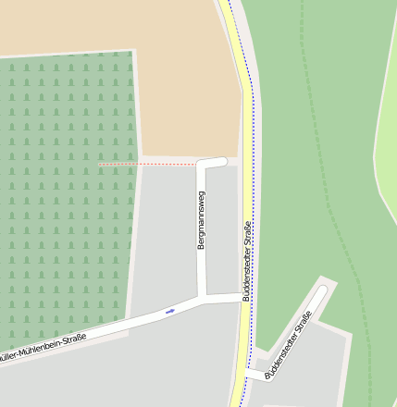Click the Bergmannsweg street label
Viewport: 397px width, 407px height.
click(202, 222)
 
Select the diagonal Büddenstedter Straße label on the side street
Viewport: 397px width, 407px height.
click(288, 347)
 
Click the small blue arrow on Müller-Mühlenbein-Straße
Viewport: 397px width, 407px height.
click(169, 311)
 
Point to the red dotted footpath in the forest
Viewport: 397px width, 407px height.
click(148, 164)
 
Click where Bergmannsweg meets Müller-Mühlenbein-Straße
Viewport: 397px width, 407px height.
click(203, 299)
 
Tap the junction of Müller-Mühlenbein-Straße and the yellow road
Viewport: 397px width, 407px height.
click(242, 297)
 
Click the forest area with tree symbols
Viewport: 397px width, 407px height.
click(65, 185)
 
